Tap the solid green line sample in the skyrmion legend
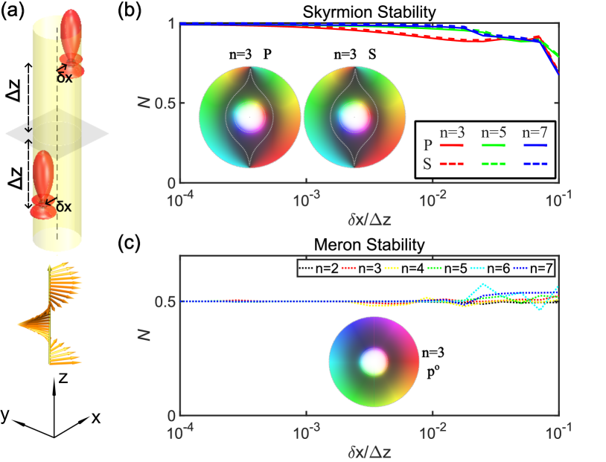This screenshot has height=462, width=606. pyautogui.click(x=491, y=145)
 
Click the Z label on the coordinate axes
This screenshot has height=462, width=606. pyautogui.click(x=64, y=379)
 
